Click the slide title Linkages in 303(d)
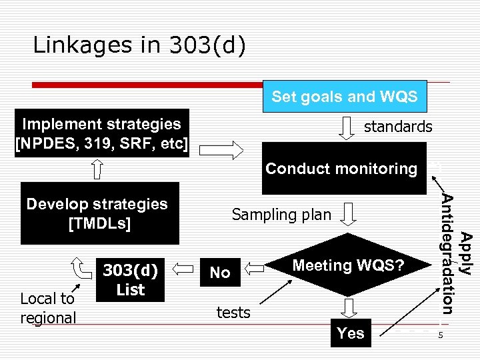click(139, 45)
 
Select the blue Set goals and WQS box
click(344, 97)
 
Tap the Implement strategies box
click(101, 133)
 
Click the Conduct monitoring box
click(341, 169)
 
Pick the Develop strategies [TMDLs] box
click(98, 213)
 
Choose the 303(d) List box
click(130, 280)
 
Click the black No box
click(220, 272)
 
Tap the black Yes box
click(351, 333)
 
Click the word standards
click(398, 127)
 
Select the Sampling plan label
click(281, 214)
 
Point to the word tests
click(233, 312)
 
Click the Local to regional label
click(48, 308)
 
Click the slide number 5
click(441, 335)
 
